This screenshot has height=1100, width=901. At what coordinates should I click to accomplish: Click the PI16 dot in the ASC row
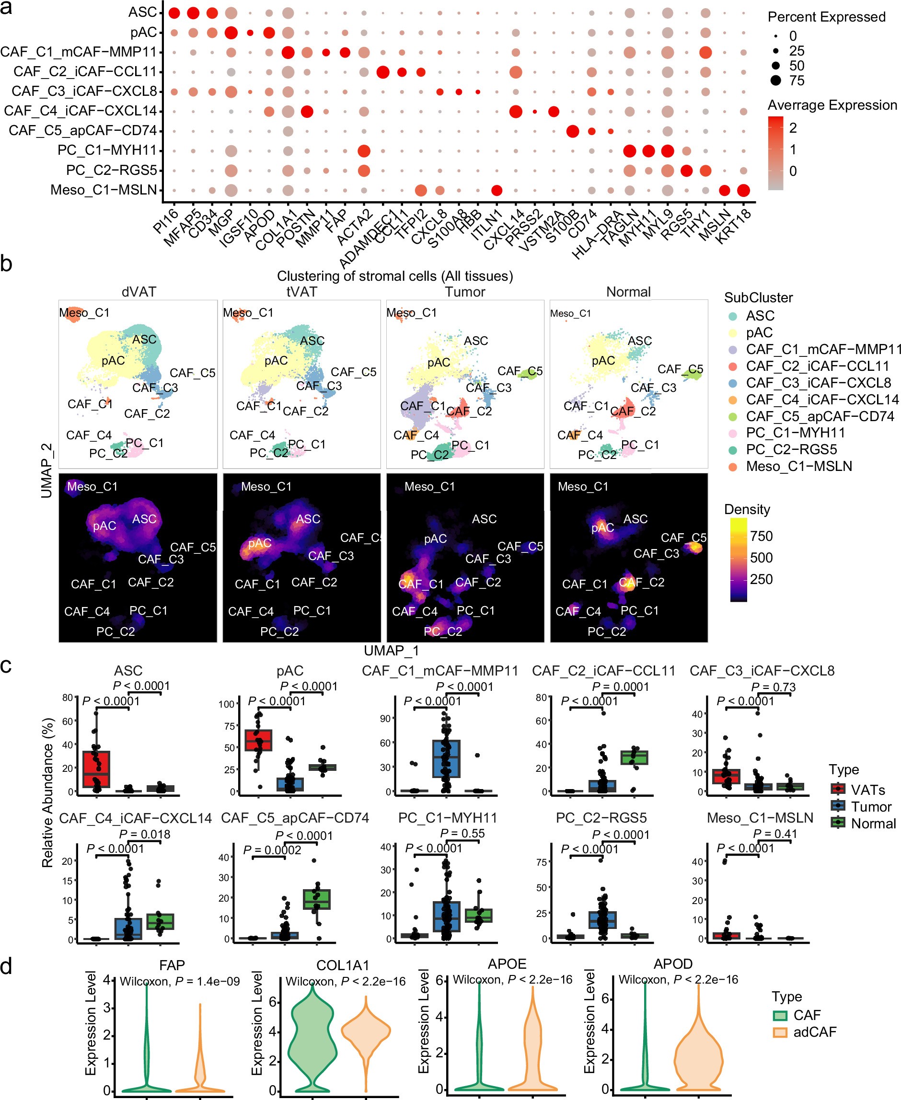174,13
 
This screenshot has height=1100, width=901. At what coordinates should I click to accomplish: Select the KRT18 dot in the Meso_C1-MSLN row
743,190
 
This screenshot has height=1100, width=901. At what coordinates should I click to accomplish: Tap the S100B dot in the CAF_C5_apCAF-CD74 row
572,131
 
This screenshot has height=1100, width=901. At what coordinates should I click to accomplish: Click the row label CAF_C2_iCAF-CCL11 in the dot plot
85,71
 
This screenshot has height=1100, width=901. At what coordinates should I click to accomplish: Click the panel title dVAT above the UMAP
139,292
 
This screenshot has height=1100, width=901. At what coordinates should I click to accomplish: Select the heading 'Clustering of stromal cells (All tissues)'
394,276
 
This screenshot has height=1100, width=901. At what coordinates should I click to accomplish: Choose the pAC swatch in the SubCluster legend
733,332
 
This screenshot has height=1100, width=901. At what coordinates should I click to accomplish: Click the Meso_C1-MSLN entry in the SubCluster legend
799,467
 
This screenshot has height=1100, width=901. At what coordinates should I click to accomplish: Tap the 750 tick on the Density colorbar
762,536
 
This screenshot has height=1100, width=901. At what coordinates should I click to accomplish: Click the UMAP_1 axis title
392,651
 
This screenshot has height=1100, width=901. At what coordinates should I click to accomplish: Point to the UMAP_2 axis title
46,470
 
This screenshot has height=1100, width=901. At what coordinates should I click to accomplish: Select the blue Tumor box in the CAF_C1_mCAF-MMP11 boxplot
446,758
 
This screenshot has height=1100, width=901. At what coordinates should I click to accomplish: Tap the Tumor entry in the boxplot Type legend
871,807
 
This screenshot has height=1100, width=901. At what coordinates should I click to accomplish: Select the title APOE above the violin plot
507,964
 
